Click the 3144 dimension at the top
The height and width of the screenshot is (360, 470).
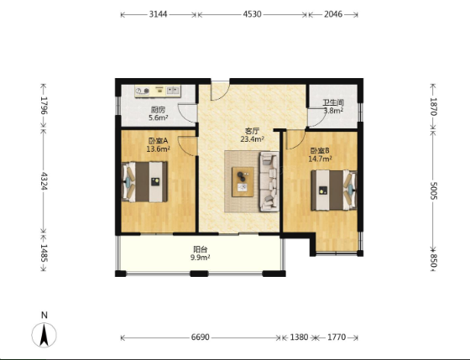click(159, 14)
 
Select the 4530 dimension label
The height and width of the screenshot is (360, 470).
click(252, 14)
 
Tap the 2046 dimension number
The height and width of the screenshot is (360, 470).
click(333, 14)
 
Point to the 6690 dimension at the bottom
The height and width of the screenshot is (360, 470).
click(201, 337)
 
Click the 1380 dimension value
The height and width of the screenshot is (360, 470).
click(299, 337)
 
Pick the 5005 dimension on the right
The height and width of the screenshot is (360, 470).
click(434, 190)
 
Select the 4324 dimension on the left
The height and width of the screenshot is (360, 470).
click(44, 181)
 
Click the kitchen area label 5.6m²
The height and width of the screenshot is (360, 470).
click(159, 117)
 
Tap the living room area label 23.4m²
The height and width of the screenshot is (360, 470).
click(252, 138)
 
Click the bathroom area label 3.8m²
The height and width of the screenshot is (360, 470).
click(333, 111)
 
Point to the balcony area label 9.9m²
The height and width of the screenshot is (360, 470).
click(201, 257)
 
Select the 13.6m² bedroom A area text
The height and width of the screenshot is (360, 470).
click(159, 149)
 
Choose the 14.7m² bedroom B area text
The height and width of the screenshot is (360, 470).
click(320, 159)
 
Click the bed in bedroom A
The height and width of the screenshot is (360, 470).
click(144, 181)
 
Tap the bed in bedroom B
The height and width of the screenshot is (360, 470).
click(334, 190)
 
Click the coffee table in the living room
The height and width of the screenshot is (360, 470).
click(243, 182)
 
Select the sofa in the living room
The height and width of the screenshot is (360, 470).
click(269, 181)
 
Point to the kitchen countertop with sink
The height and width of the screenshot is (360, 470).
click(158, 91)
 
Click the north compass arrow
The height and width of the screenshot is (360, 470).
click(44, 335)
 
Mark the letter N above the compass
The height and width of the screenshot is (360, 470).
click(44, 315)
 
